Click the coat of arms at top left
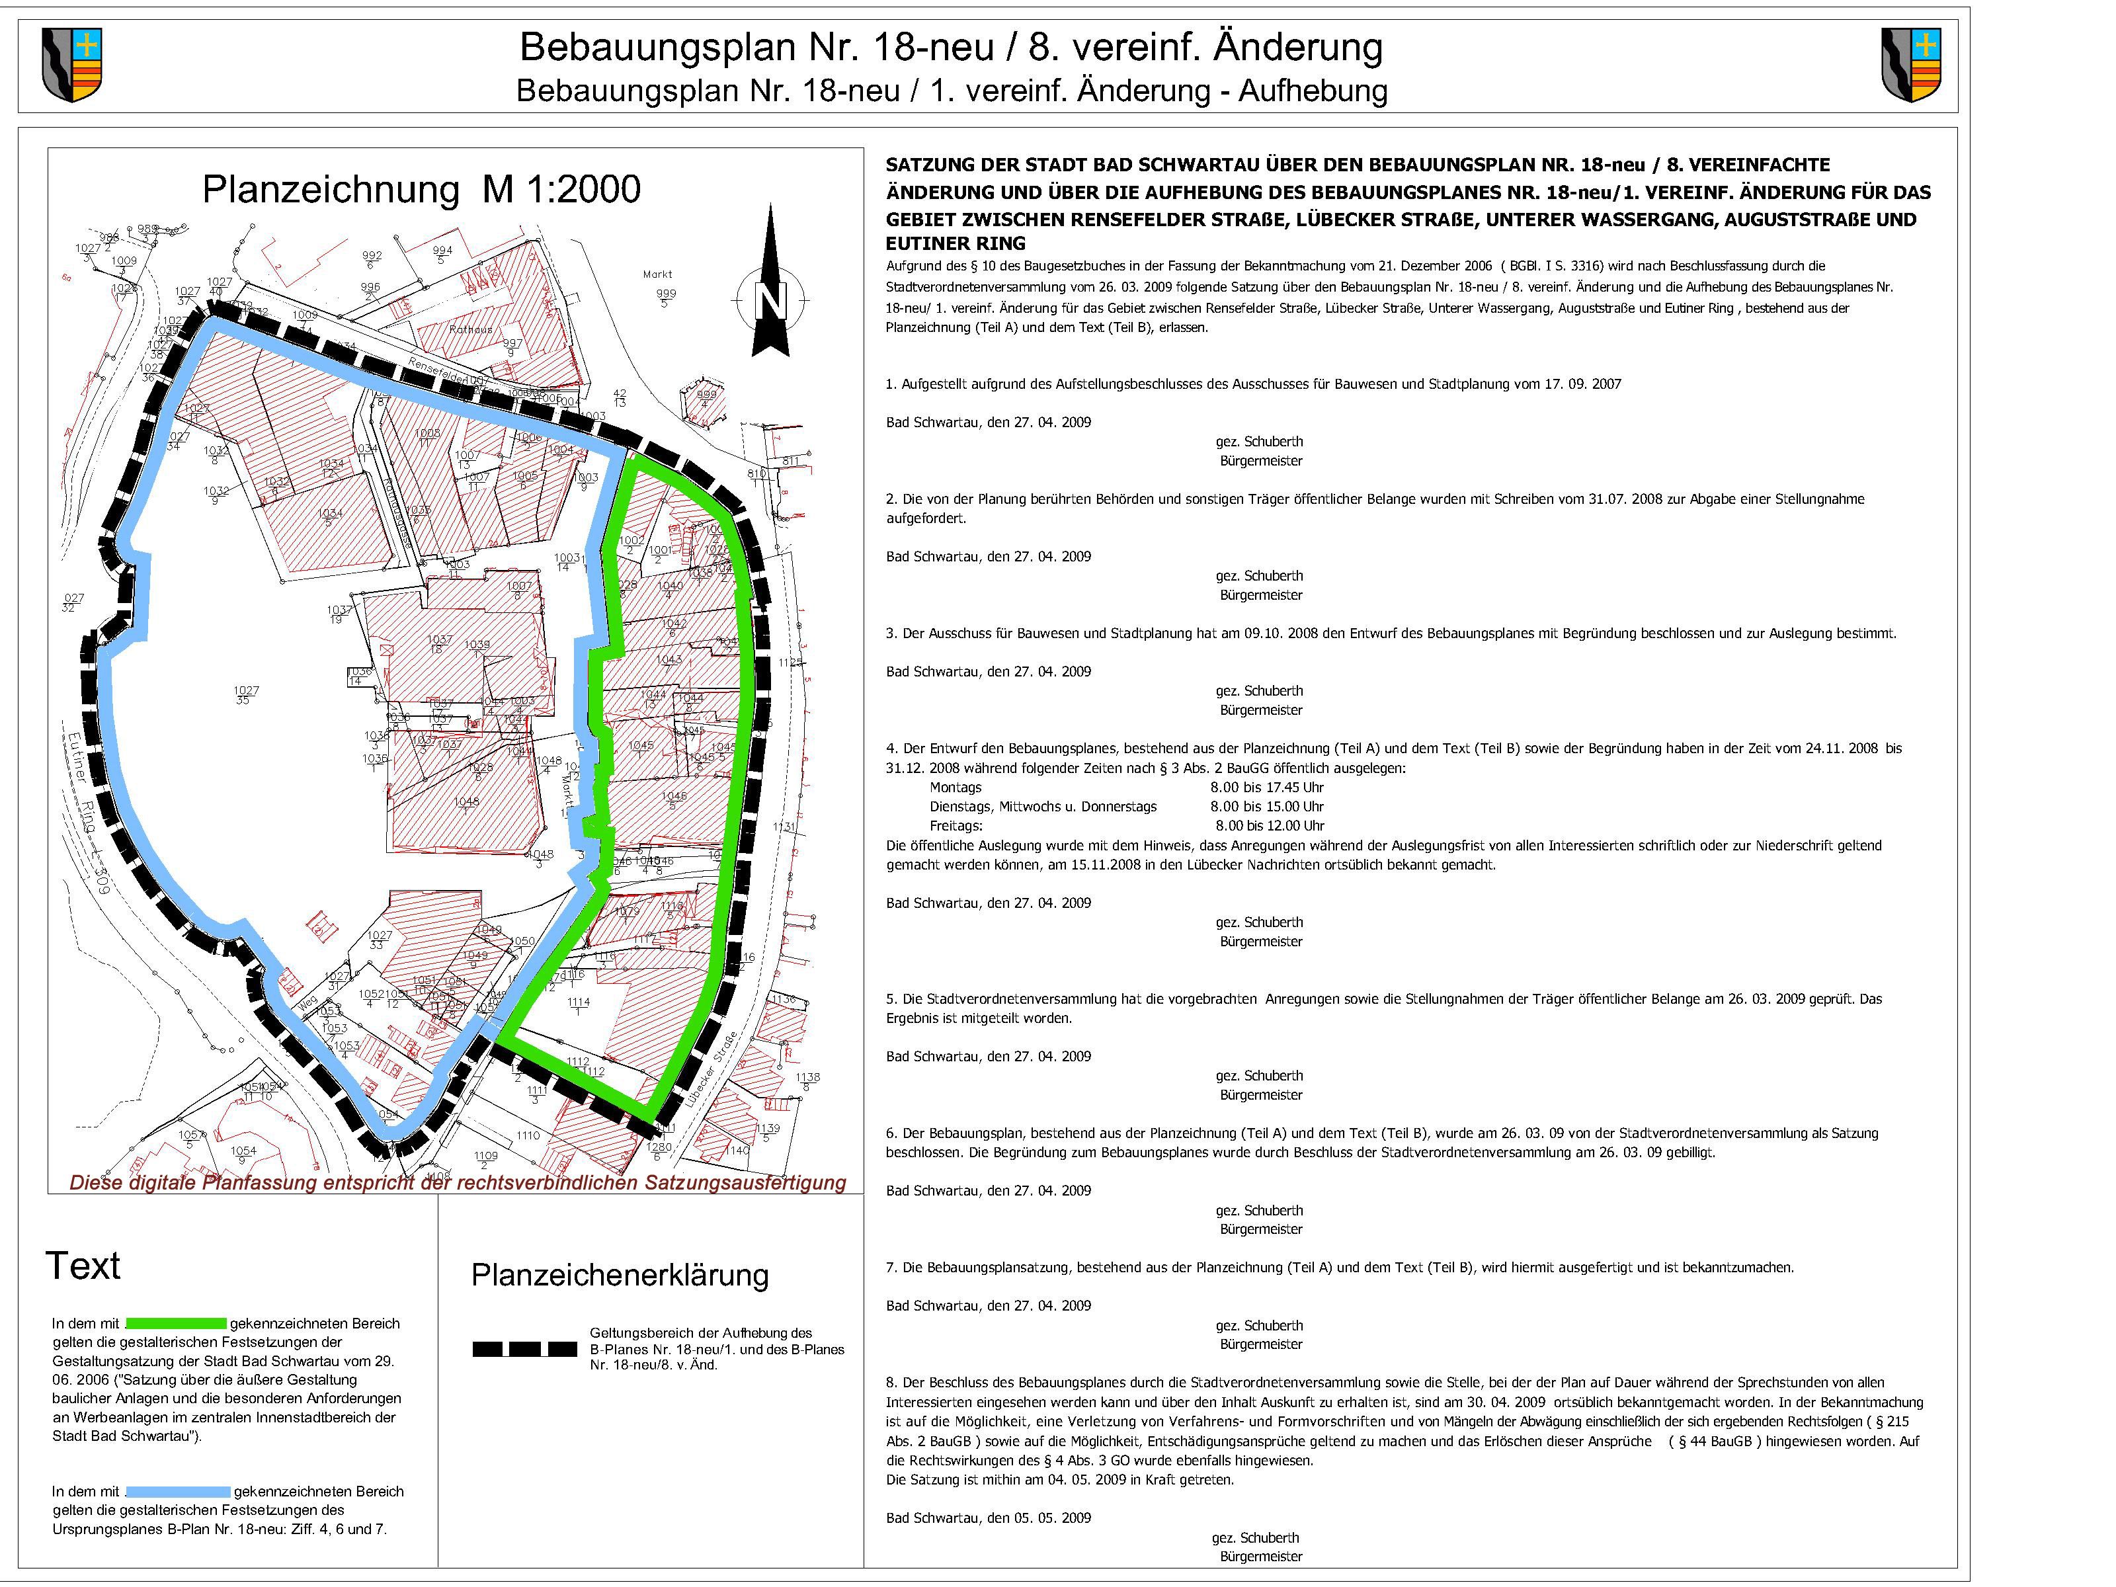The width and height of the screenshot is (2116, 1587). pyautogui.click(x=71, y=65)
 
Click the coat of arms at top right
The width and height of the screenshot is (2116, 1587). pyautogui.click(x=1910, y=65)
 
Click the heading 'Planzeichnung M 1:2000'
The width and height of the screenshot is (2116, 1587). pyautogui.click(x=421, y=189)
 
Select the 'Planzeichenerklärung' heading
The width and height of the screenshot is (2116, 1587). pyautogui.click(x=619, y=1275)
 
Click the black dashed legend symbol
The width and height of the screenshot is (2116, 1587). pyautogui.click(x=524, y=1350)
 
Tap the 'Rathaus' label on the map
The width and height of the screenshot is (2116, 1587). pyautogui.click(x=471, y=330)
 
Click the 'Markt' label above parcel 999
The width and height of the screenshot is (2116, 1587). pyautogui.click(x=657, y=274)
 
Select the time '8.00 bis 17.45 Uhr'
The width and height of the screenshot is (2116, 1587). pyautogui.click(x=1266, y=788)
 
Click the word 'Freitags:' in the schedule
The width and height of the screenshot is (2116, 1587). pyautogui.click(x=956, y=825)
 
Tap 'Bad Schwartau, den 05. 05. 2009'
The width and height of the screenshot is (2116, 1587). pyautogui.click(x=988, y=1518)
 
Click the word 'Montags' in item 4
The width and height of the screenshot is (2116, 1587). pyautogui.click(x=955, y=788)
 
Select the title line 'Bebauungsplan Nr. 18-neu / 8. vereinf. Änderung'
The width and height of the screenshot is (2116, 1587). pyautogui.click(x=951, y=48)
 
